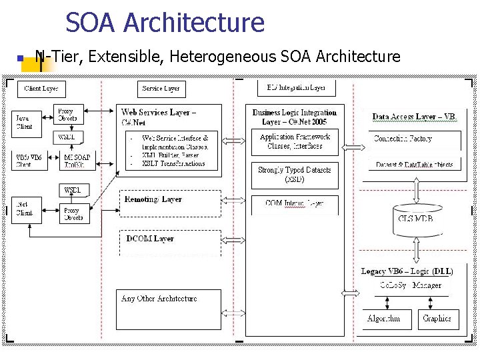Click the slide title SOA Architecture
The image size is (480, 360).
pos(165,23)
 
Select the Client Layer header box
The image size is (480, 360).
pos(41,89)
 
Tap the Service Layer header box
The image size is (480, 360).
pos(161,89)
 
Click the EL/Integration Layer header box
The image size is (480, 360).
pos(295,88)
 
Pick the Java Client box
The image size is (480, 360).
pos(25,122)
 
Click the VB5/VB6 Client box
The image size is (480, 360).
pos(29,161)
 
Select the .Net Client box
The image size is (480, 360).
pos(25,209)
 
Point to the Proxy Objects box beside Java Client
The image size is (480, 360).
pos(67,115)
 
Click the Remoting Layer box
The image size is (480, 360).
pos(169,203)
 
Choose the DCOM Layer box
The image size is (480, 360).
pos(169,243)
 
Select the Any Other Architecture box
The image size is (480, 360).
pos(169,309)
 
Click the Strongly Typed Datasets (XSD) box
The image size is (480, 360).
pos(294,175)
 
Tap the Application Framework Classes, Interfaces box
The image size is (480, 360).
pos(294,142)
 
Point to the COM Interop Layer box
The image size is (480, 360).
pos(294,204)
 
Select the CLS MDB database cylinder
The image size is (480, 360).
pos(415,219)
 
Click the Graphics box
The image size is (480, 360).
pos(437,319)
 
